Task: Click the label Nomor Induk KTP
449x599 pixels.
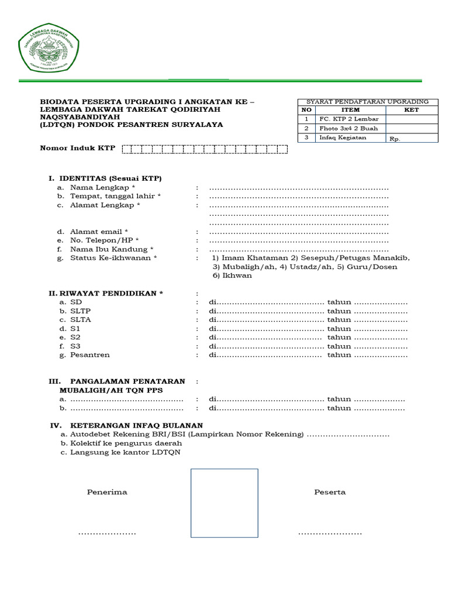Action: tap(77, 149)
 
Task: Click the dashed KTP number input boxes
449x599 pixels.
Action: tap(204, 149)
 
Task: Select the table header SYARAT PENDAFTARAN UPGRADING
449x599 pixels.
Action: tap(368, 102)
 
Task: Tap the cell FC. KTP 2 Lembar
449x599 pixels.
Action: tap(348, 119)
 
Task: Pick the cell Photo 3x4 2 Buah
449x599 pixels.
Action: tap(348, 129)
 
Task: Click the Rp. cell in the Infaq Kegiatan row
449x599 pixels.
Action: tap(395, 139)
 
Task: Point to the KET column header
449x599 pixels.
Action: tap(411, 110)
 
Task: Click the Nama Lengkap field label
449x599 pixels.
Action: tap(103, 188)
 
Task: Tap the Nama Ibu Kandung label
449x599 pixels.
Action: tap(112, 250)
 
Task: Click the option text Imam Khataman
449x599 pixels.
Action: tap(254, 258)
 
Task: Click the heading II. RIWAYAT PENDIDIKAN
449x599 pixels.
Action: tap(106, 293)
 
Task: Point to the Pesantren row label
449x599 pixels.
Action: tap(89, 355)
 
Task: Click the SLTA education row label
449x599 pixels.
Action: tap(80, 320)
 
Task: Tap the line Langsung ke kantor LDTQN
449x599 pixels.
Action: tap(125, 452)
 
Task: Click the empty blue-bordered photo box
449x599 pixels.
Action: tap(224, 502)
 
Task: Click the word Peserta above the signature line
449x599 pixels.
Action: tap(330, 492)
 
